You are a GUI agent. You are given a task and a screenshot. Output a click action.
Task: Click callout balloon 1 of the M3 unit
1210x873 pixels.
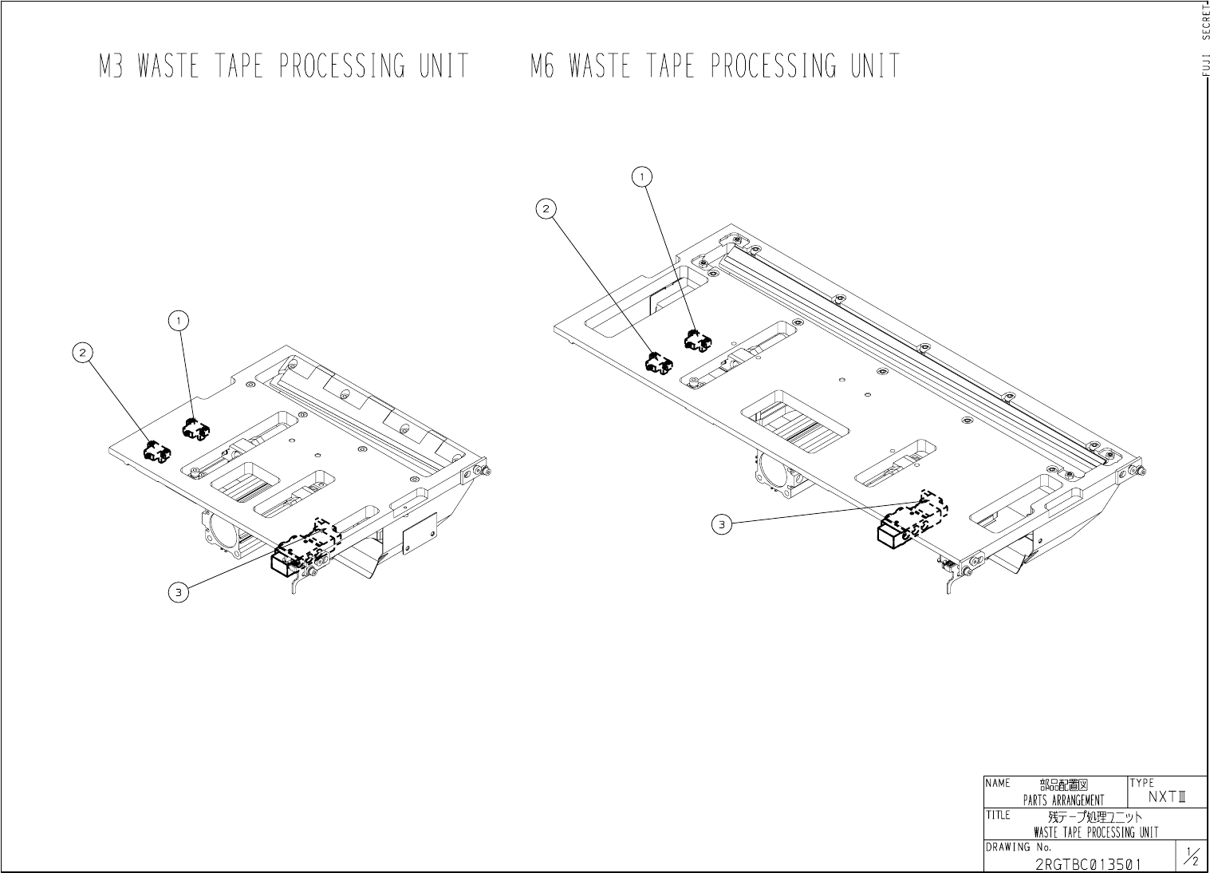(179, 321)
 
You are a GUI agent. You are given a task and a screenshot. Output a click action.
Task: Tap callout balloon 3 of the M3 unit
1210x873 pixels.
(179, 592)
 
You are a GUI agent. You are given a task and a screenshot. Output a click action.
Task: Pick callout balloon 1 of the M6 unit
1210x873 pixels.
(642, 176)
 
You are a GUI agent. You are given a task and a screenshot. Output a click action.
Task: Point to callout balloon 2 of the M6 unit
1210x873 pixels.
(546, 209)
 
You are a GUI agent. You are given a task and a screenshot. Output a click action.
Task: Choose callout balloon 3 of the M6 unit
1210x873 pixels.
(722, 524)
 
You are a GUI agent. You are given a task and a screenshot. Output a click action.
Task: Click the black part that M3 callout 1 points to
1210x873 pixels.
(195, 429)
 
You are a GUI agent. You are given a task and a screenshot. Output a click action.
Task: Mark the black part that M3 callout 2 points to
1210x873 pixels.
(156, 452)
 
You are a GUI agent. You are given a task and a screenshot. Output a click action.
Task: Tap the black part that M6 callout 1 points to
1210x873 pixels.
(697, 341)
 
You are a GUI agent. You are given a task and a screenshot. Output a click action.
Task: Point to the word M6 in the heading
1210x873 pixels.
(542, 66)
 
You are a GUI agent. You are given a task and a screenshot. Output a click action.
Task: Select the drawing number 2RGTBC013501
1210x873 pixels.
(1088, 863)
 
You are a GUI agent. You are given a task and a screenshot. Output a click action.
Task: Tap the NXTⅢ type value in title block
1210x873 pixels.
(1168, 796)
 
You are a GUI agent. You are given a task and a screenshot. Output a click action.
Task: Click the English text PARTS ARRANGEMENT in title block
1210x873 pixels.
(1063, 800)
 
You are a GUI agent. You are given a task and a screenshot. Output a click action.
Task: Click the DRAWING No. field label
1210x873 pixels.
(1019, 847)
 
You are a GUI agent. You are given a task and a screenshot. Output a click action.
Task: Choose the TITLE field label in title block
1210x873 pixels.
(998, 815)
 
